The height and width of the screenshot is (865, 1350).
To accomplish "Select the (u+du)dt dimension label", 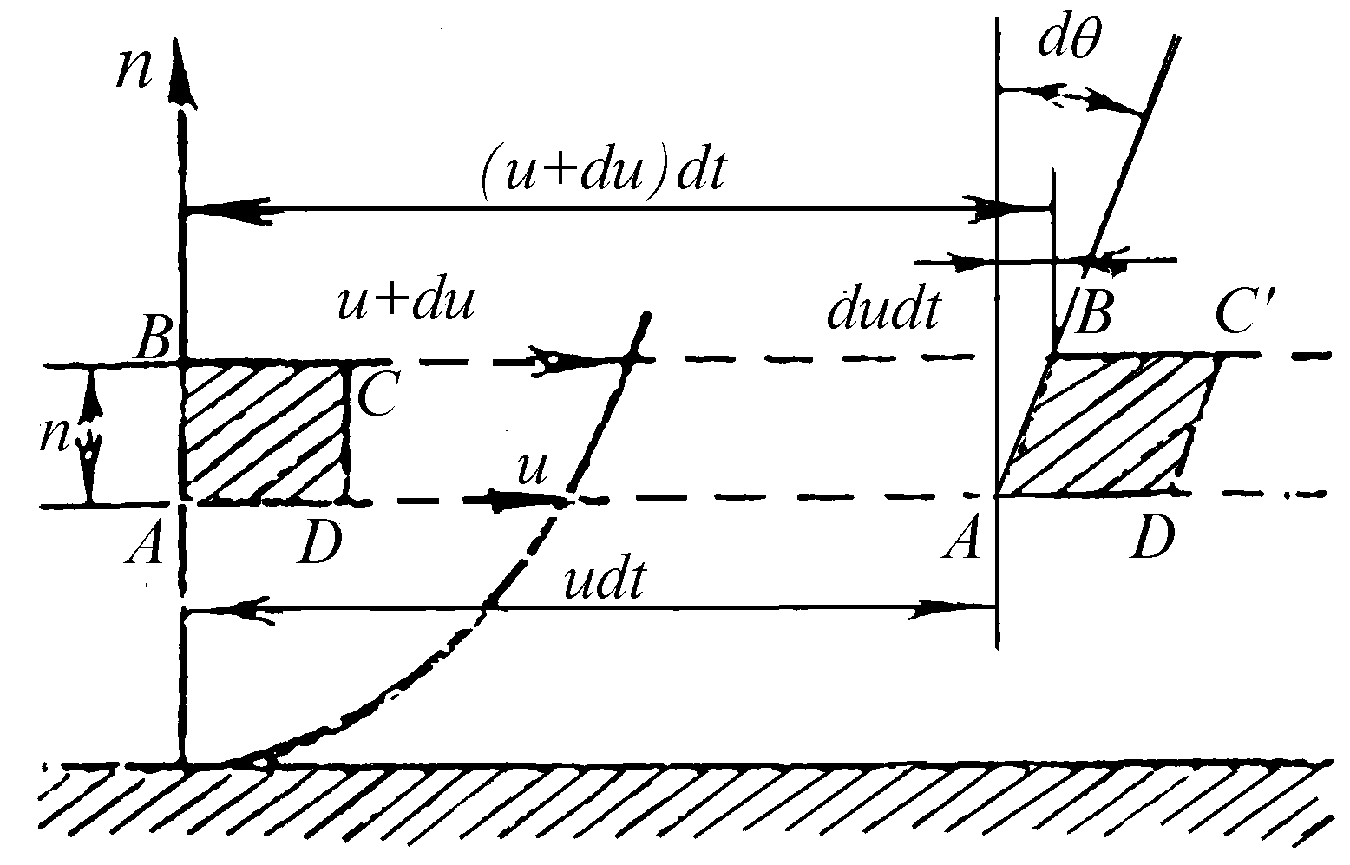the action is pos(602,171).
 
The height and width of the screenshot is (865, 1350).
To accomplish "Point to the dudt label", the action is pos(883,311).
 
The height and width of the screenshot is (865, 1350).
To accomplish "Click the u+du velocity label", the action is pos(405,301).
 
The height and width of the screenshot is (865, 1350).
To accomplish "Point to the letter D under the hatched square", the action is pos(319,541).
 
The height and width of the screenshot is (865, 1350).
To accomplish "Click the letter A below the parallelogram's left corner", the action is pos(962,536).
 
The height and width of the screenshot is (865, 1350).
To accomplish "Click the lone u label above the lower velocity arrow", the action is pos(533,469).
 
